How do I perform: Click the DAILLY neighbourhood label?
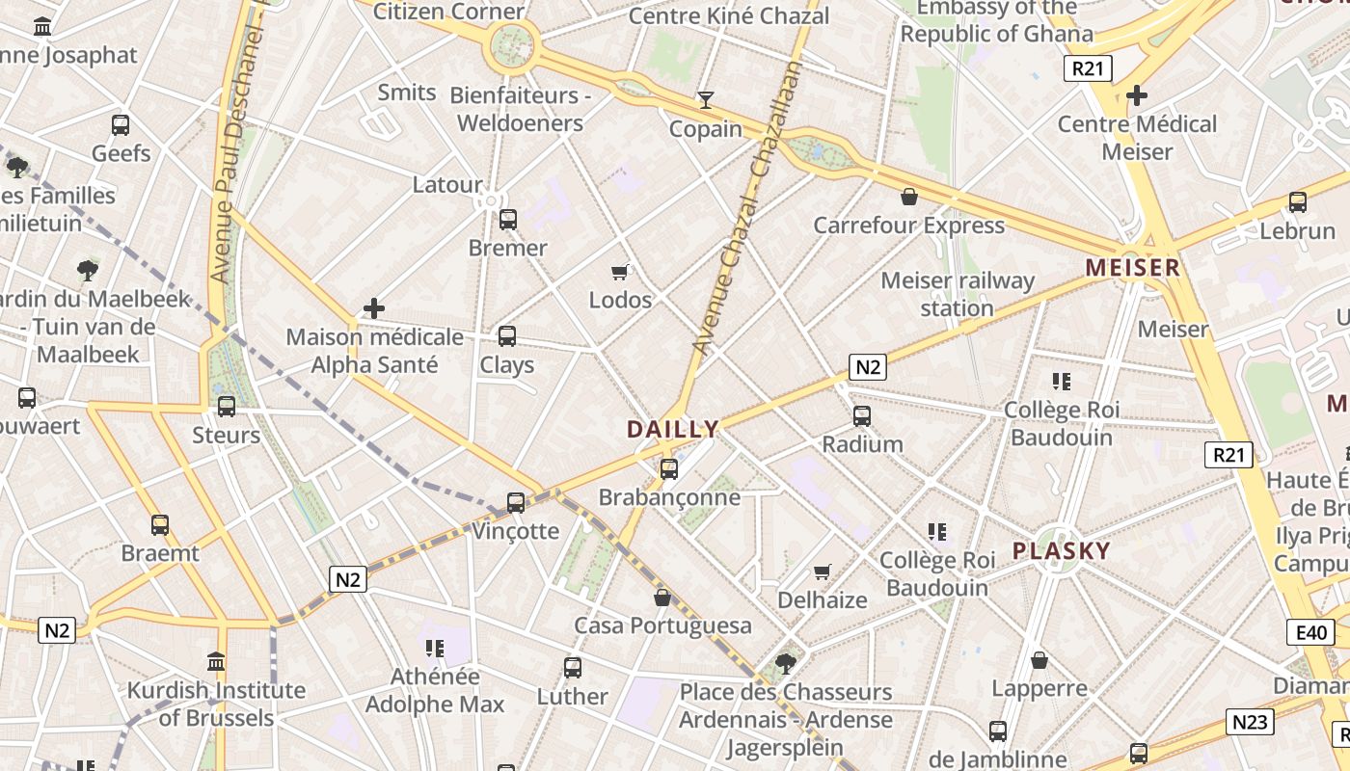673,430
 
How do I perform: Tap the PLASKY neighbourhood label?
1062,551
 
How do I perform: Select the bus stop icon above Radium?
862,416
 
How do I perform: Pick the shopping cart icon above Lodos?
620,273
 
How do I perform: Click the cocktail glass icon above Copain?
706,99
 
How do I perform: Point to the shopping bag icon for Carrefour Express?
908,198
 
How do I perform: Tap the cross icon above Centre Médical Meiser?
1137,95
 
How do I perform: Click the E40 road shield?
1310,633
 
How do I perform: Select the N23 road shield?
1251,722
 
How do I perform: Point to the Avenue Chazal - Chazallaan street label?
748,207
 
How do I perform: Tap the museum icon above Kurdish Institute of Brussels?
216,662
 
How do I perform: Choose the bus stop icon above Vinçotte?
516,502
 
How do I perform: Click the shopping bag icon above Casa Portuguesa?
662,598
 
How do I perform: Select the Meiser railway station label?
958,295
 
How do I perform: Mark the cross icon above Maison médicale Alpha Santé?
374,309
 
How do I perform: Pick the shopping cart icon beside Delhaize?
822,572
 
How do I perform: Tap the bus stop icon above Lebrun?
1298,202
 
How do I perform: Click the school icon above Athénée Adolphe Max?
434,649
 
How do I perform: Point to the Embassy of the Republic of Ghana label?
997,21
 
